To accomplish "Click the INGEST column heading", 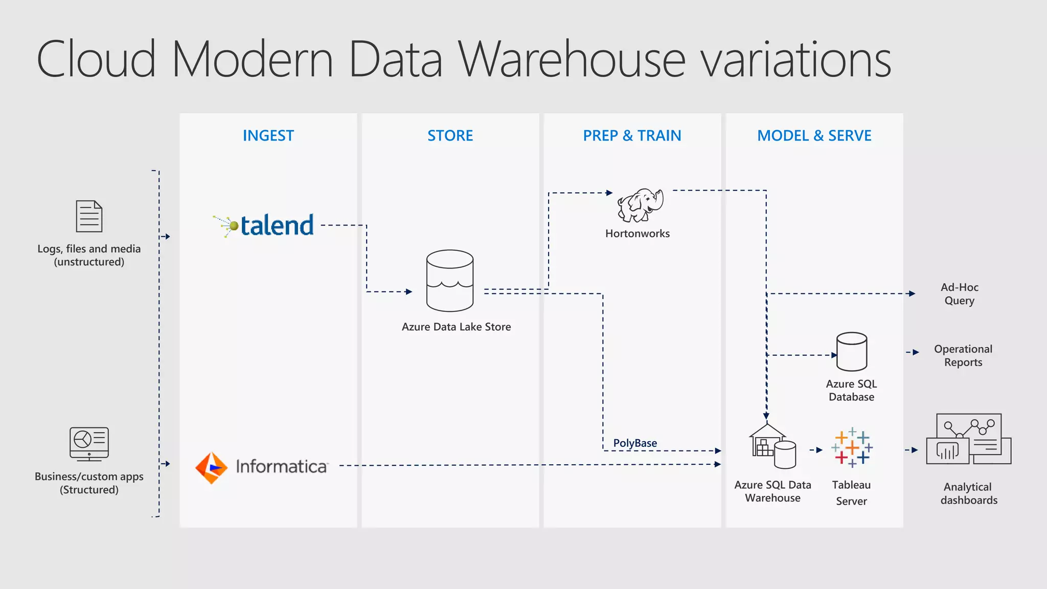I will (x=268, y=135).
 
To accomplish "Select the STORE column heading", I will (x=450, y=135).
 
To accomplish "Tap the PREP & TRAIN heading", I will (x=632, y=135).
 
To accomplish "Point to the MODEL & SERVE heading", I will (x=814, y=135).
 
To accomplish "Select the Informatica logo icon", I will (x=211, y=467).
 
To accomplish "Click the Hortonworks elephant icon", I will (x=640, y=205).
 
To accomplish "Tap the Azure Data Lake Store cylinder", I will (x=450, y=281).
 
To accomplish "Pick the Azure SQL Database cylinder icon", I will (x=851, y=352).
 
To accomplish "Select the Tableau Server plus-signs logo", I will (x=852, y=448).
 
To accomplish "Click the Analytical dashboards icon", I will (x=968, y=440).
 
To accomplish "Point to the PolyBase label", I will (x=635, y=443).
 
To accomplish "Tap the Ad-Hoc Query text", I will (x=959, y=294).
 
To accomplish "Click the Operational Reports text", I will (x=963, y=355).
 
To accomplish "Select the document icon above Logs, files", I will (x=89, y=216).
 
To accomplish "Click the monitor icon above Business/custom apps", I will (x=89, y=444).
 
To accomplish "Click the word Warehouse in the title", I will (x=571, y=59).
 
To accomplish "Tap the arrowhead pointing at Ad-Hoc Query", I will (x=912, y=293).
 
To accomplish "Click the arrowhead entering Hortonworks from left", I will (x=609, y=193).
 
